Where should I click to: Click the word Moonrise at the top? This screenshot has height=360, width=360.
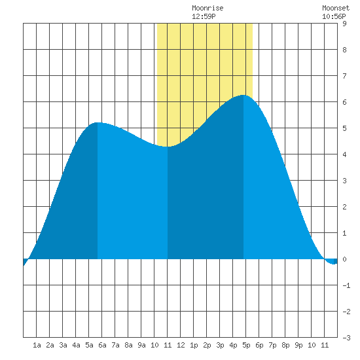[x=207, y=8]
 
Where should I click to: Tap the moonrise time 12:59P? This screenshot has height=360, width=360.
[x=204, y=16]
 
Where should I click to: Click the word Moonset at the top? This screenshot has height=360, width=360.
[x=336, y=8]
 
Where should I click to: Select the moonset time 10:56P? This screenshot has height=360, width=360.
[x=334, y=16]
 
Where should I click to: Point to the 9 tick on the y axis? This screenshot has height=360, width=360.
[x=344, y=24]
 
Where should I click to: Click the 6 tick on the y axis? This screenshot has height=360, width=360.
[x=344, y=102]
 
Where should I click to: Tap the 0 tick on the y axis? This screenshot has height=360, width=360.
[x=344, y=259]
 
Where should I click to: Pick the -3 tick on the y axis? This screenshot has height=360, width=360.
[x=346, y=338]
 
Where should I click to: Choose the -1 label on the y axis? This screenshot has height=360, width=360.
[x=346, y=285]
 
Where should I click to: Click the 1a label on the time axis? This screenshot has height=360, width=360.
[x=37, y=345]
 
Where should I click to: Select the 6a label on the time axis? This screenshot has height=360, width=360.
[x=102, y=345]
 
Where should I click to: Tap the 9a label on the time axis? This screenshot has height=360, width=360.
[x=141, y=345]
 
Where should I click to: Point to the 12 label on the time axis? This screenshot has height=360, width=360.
[x=181, y=345]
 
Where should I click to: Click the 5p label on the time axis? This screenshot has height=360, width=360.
[x=246, y=345]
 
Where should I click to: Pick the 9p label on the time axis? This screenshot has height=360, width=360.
[x=298, y=345]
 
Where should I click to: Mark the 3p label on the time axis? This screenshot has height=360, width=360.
[x=220, y=345]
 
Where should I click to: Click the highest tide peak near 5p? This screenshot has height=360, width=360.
[x=243, y=95]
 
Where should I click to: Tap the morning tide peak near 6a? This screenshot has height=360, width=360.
[x=98, y=122]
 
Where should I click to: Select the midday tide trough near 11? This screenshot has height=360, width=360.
[x=168, y=147]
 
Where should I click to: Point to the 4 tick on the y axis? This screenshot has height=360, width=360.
[x=344, y=154]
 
